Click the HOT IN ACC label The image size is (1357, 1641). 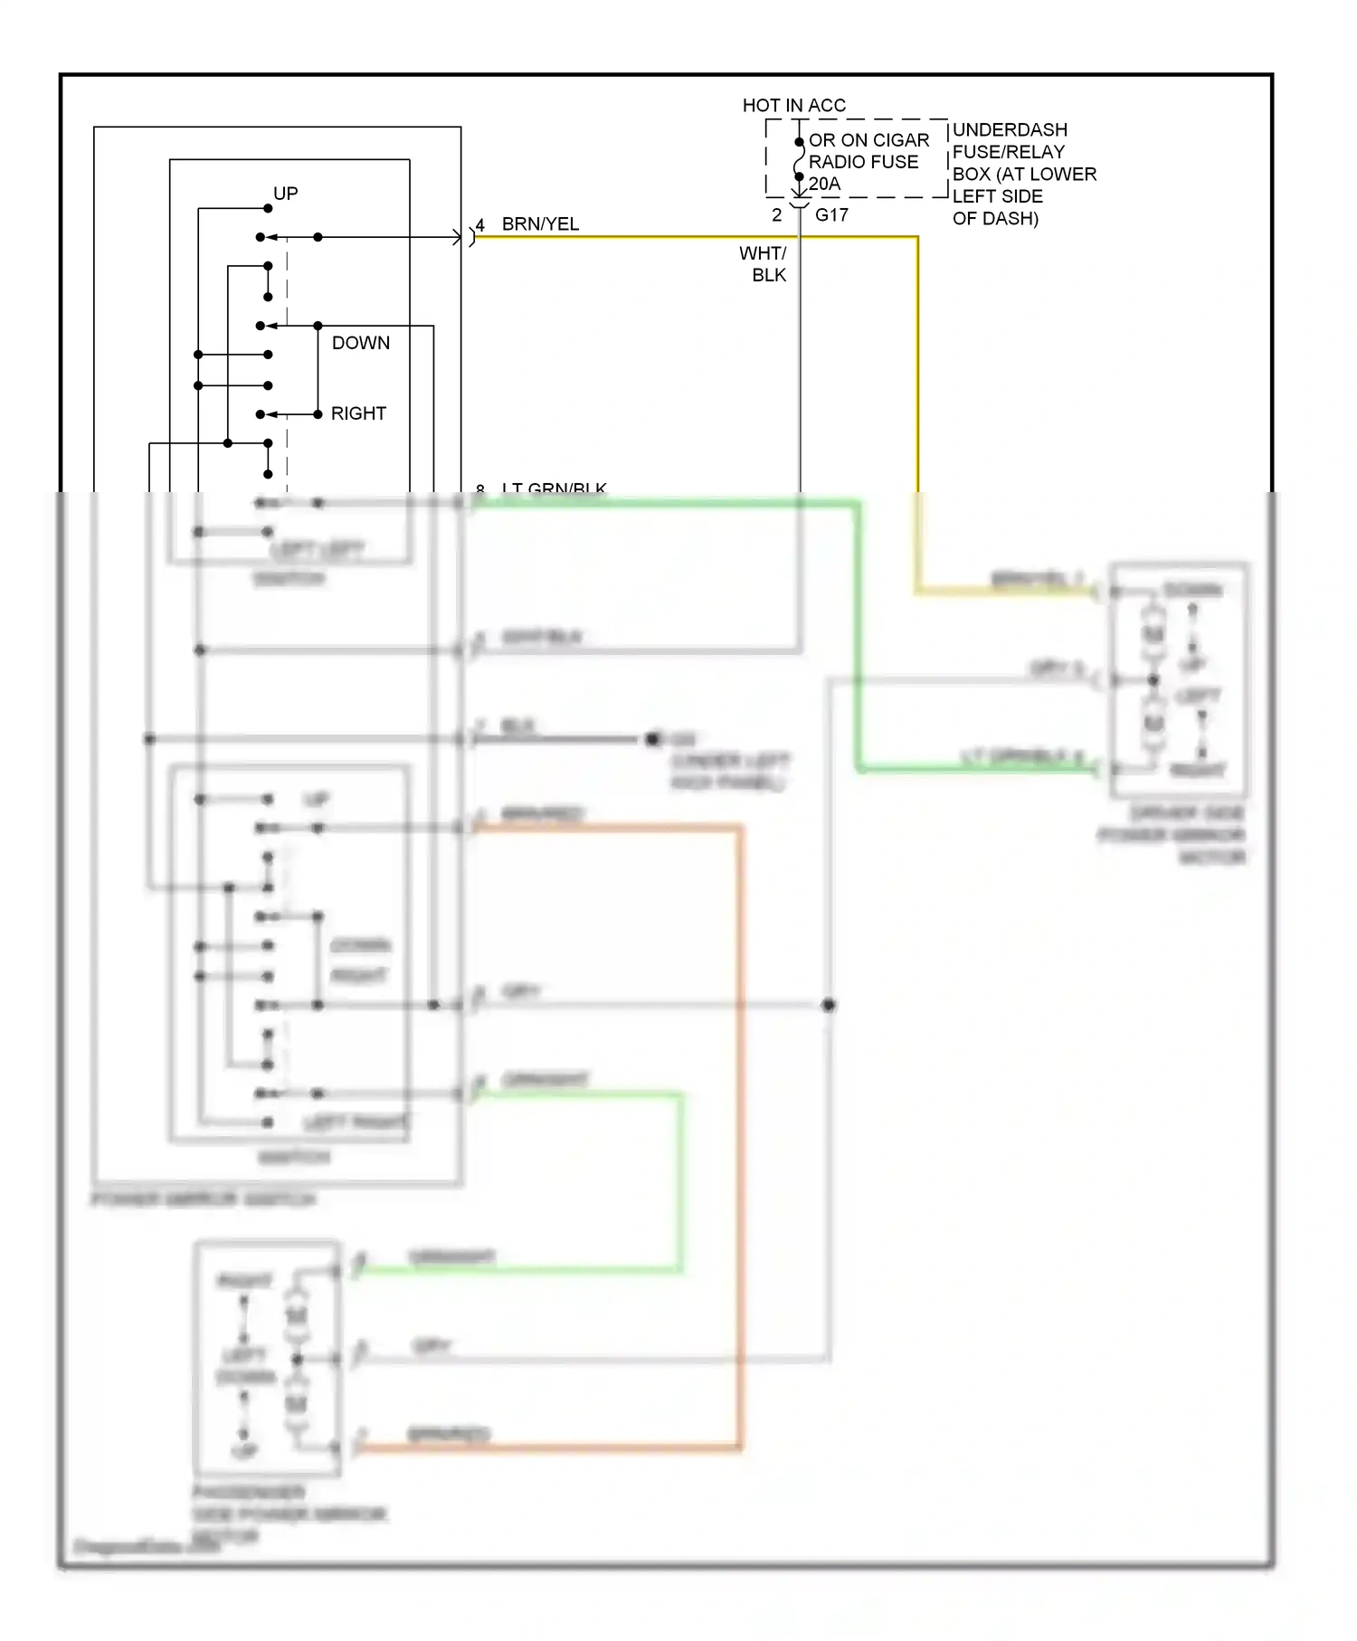click(793, 106)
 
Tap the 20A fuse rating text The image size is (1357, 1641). click(824, 184)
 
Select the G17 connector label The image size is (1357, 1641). click(831, 215)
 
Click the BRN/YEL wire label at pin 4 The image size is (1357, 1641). click(540, 224)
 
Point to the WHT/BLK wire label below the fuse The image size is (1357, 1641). click(764, 264)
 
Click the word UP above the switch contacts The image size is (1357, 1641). click(286, 194)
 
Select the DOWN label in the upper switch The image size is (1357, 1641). click(360, 343)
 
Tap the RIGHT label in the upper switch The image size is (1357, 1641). click(358, 413)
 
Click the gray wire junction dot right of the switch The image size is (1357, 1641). click(828, 1005)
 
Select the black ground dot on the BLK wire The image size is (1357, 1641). click(652, 739)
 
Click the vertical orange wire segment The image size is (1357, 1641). click(741, 1131)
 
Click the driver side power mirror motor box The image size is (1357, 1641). click(1179, 679)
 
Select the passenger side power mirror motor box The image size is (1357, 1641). click(268, 1358)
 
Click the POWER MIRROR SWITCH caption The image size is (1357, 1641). click(204, 1200)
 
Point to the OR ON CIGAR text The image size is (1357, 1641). click(868, 140)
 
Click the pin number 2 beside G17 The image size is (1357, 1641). click(776, 215)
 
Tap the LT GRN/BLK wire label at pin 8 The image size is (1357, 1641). click(554, 489)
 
